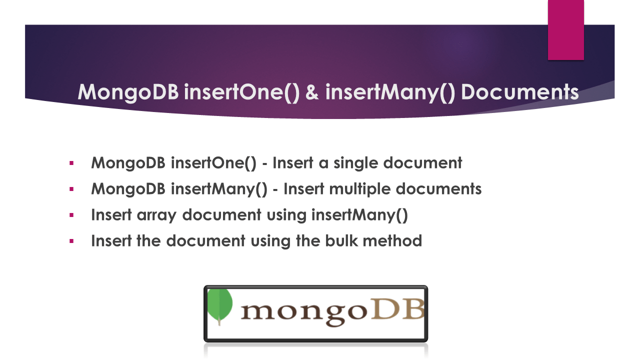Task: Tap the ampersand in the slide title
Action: (312, 92)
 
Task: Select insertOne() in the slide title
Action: (241, 92)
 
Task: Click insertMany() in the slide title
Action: (390, 92)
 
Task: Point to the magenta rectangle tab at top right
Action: (565, 30)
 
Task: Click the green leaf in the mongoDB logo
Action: (219, 306)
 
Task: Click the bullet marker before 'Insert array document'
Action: (71, 215)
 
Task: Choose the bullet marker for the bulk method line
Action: (71, 241)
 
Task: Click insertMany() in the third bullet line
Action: (359, 215)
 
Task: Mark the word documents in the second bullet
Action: (438, 189)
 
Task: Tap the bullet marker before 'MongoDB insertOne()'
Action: (71, 163)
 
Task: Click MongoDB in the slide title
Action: (128, 92)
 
